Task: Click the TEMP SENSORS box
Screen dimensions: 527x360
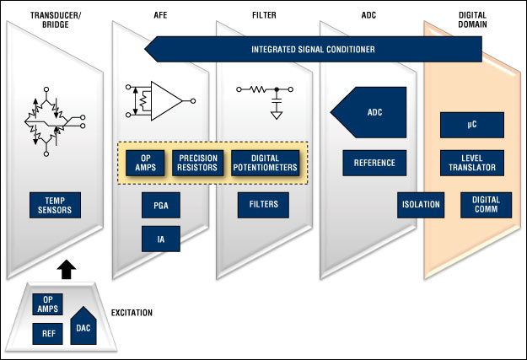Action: [55, 205]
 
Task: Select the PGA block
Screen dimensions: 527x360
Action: [161, 205]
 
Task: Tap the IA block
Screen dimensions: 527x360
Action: [161, 239]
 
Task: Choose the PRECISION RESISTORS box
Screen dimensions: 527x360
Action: [197, 163]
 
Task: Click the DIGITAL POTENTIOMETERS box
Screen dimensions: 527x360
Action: [265, 163]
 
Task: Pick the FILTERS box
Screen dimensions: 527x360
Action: [263, 205]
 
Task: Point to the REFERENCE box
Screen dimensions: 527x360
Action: [374, 163]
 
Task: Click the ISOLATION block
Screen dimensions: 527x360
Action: [421, 205]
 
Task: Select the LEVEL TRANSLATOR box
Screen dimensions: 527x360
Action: [472, 163]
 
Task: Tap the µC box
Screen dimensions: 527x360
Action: [472, 125]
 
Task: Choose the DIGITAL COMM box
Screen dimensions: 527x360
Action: [486, 205]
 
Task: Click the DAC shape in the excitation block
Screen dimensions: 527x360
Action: [83, 326]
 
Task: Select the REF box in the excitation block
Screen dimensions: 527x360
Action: [47, 334]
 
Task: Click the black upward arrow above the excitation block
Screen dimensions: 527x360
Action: [67, 269]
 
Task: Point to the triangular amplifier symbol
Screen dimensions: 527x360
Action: [166, 101]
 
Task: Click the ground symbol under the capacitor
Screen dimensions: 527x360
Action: [277, 116]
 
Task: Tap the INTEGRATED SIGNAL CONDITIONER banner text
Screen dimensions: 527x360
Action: [313, 50]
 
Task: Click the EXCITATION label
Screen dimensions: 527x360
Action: [132, 313]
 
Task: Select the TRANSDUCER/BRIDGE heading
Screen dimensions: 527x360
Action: [56, 20]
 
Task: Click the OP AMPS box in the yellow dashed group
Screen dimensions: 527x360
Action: [145, 163]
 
